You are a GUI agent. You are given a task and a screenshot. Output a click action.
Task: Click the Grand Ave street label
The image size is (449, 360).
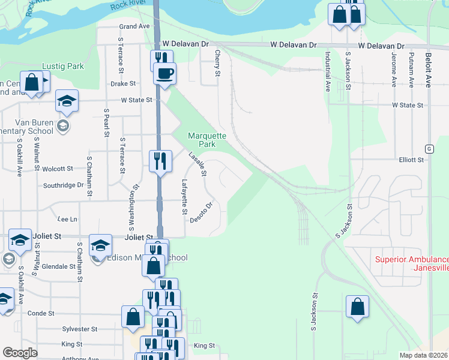(x=134, y=26)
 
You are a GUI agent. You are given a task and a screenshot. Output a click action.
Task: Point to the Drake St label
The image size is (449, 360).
(x=123, y=84)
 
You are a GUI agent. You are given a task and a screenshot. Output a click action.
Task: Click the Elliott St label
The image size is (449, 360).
(x=411, y=160)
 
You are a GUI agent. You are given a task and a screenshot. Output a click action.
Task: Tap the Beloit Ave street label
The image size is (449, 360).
(x=428, y=70)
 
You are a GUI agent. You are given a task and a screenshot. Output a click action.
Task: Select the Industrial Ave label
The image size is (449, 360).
(x=328, y=71)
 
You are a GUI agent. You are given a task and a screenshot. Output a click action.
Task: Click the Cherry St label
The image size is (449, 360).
(x=217, y=63)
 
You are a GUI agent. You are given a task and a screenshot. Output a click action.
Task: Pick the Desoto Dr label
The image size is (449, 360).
(x=202, y=212)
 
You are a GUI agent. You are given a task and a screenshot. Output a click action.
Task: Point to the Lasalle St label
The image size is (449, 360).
(x=197, y=164)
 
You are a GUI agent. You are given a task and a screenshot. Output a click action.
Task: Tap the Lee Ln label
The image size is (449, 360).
(x=66, y=220)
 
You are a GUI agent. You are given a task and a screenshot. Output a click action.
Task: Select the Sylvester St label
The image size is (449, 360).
(x=80, y=329)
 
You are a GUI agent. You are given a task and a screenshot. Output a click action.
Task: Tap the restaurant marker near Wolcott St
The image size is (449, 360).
(x=159, y=160)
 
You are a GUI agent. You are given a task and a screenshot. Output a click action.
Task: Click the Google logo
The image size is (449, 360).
(x=19, y=353)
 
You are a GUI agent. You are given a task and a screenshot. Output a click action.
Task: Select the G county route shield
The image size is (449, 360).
(x=429, y=148)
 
